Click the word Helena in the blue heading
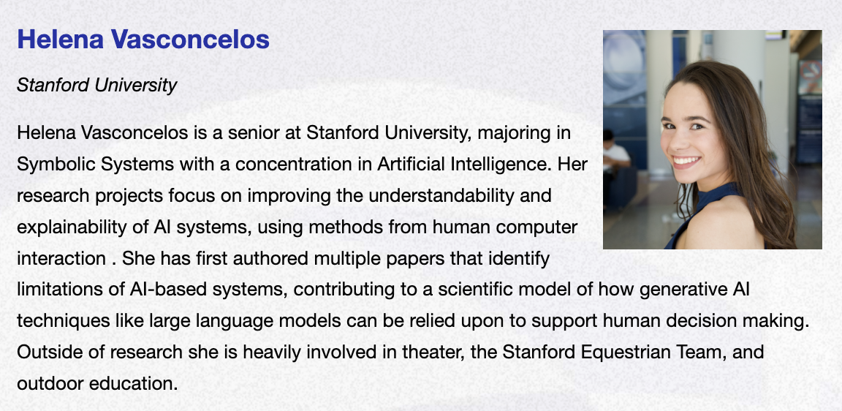pyautogui.click(x=60, y=39)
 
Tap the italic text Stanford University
pyautogui.click(x=96, y=85)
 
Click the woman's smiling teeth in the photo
pyautogui.click(x=687, y=161)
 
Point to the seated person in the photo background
pyautogui.click(x=615, y=161)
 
